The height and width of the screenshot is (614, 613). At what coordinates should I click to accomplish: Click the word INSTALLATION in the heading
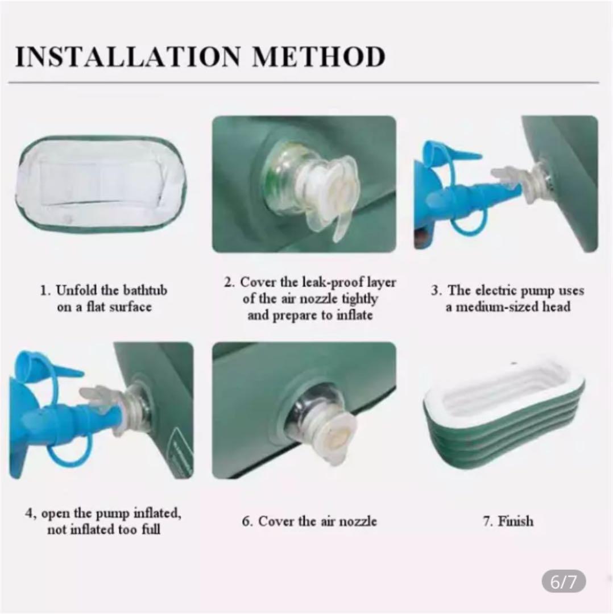pos(128,57)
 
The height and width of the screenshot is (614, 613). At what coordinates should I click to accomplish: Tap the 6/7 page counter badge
pos(564,582)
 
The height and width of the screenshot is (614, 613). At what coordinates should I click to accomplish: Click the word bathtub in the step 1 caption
pos(145,290)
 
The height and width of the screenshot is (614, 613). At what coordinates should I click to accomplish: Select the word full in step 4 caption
pos(151,529)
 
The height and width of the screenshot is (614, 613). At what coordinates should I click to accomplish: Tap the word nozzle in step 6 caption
pos(358,521)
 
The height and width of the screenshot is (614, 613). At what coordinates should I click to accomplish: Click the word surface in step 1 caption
pos(130,306)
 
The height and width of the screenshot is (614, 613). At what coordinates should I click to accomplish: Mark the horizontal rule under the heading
pos(304,83)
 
